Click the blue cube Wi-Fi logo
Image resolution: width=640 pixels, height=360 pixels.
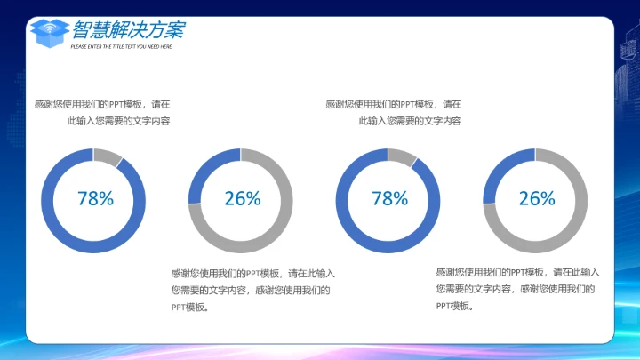pyautogui.click(x=50, y=31)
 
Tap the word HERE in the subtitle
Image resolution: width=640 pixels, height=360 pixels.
pyautogui.click(x=166, y=46)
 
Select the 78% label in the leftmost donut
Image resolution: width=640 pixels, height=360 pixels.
pyautogui.click(x=95, y=199)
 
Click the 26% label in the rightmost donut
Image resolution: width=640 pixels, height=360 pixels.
pyautogui.click(x=536, y=199)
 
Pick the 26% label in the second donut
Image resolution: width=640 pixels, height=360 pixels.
pyautogui.click(x=242, y=199)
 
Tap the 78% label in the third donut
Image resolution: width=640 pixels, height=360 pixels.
pyautogui.click(x=389, y=199)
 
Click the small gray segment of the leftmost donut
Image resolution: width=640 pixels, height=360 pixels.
pyautogui.click(x=108, y=156)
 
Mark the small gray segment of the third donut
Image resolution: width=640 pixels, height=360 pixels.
pyautogui.click(x=402, y=156)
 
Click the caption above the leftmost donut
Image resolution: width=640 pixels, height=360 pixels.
pyautogui.click(x=102, y=112)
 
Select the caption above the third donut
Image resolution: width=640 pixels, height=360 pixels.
pyautogui.click(x=394, y=112)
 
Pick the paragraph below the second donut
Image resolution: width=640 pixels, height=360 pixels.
pyautogui.click(x=252, y=290)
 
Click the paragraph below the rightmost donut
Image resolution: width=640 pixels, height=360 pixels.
pyautogui.click(x=517, y=289)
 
